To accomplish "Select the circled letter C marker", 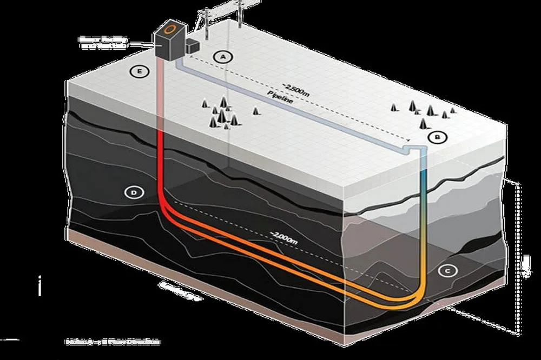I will pos(446,271).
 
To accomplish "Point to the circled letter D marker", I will pos(133,191).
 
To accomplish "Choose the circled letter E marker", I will pos(140,71).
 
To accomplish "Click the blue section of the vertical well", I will pos(424,176).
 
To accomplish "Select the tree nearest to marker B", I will pos(422,124).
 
